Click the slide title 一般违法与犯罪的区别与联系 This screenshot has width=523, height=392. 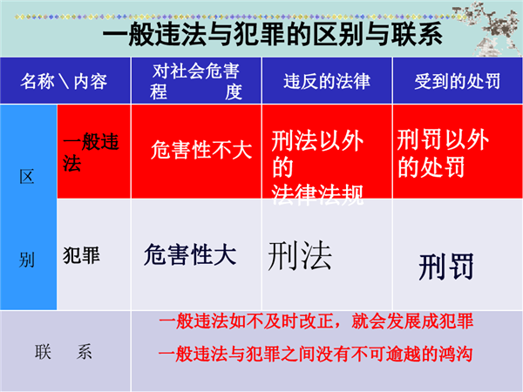[272, 34]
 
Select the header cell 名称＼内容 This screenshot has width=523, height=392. [64, 81]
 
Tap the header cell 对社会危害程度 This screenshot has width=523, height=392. [196, 81]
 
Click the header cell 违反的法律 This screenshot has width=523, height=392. [327, 81]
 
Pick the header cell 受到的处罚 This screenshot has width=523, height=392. [458, 81]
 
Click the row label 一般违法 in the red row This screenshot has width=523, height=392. [91, 152]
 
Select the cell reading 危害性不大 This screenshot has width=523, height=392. [201, 150]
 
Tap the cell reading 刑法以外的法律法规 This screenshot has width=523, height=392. [317, 167]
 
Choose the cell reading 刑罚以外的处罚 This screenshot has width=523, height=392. [443, 153]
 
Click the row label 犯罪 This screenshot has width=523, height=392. [81, 255]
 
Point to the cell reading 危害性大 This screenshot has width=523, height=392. [190, 254]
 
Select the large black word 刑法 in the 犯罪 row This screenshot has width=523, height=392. [300, 255]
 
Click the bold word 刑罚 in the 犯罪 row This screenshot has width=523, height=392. [446, 267]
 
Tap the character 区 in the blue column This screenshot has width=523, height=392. [27, 177]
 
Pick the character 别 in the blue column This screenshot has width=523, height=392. [27, 260]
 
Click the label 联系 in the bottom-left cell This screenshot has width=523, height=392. [64, 352]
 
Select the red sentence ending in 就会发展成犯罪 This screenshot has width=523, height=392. [316, 321]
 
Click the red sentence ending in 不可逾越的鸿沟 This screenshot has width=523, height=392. [316, 354]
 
